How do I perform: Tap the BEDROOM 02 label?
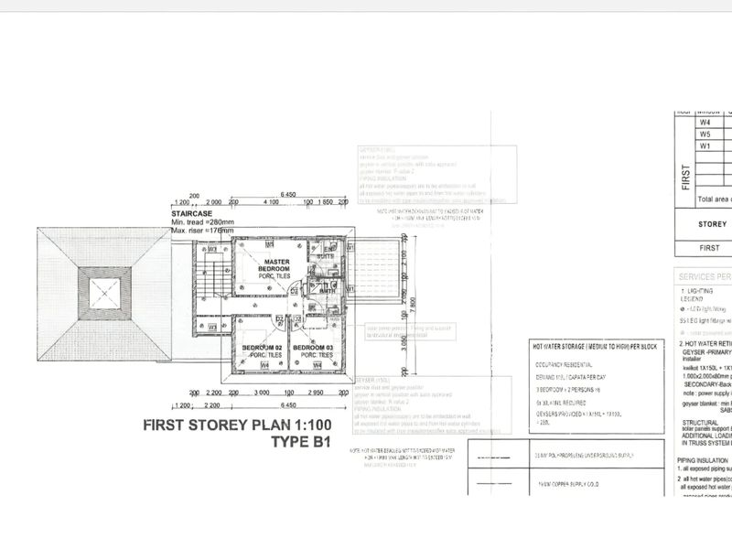(x=261, y=350)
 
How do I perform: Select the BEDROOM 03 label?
(x=312, y=350)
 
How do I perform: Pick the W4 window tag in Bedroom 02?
(x=264, y=366)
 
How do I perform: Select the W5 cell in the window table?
(x=705, y=134)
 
